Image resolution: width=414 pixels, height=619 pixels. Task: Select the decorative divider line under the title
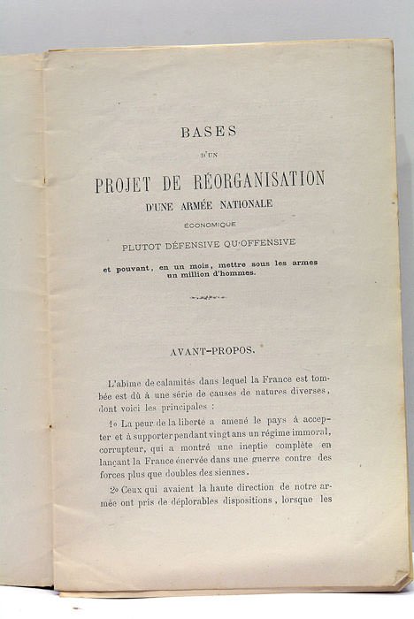pos(209,297)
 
